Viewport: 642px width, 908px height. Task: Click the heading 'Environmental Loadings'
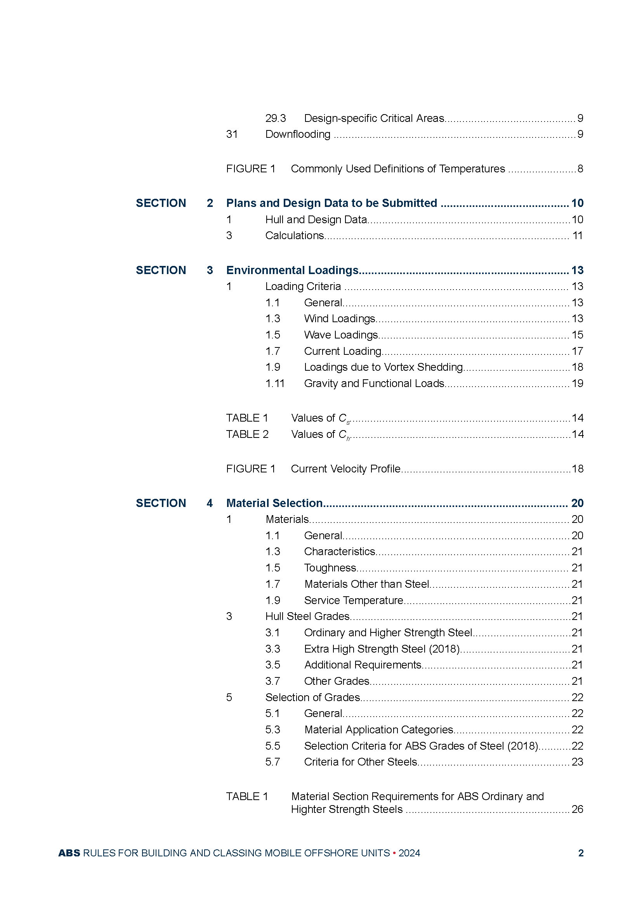pos(292,270)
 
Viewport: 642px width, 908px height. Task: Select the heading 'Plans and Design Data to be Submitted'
pos(331,203)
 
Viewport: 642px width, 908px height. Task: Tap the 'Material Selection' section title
pos(274,503)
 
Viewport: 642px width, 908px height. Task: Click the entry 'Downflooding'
pos(298,134)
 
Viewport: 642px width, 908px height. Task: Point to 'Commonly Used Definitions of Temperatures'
pos(398,169)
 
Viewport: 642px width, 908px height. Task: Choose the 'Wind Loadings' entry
pos(339,319)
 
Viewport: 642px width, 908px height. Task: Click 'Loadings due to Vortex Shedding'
pos(383,367)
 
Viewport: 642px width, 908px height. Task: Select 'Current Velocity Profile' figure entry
pos(345,469)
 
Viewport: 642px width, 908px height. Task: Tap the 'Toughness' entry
pos(330,568)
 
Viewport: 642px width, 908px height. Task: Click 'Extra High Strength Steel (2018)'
pos(382,649)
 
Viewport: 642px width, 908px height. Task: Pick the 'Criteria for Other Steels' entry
pos(361,762)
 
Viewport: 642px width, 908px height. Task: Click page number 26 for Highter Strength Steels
pos(577,809)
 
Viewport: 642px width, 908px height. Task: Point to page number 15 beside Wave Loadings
pos(577,335)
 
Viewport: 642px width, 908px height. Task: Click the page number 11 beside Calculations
pos(578,236)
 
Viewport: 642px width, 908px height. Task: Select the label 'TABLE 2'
pos(247,434)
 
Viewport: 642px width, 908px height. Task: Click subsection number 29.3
pos(275,118)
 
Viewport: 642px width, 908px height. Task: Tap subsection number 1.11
pos(275,384)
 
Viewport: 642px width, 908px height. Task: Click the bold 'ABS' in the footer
pos(69,853)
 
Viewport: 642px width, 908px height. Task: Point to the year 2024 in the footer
pos(409,853)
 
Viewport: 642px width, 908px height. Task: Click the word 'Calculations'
pos(295,236)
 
